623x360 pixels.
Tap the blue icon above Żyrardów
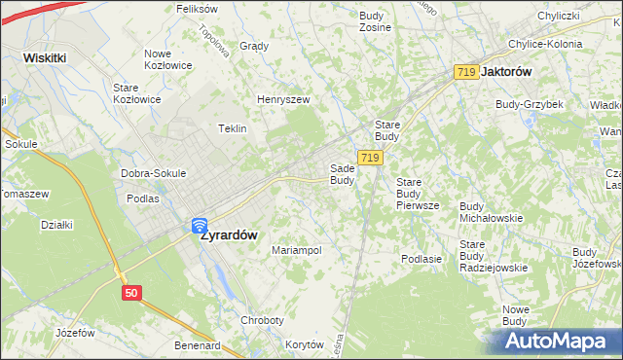[199, 225]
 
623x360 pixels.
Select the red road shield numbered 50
[132, 292]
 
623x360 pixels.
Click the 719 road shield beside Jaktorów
[465, 72]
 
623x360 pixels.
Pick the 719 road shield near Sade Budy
[368, 158]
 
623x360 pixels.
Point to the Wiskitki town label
[45, 57]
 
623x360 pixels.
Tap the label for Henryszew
[282, 99]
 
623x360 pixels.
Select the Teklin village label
[232, 128]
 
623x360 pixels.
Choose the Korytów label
[304, 344]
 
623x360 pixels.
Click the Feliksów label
[196, 9]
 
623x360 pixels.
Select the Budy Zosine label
[375, 21]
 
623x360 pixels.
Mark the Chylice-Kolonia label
[545, 44]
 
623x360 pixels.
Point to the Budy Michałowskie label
[491, 212]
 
